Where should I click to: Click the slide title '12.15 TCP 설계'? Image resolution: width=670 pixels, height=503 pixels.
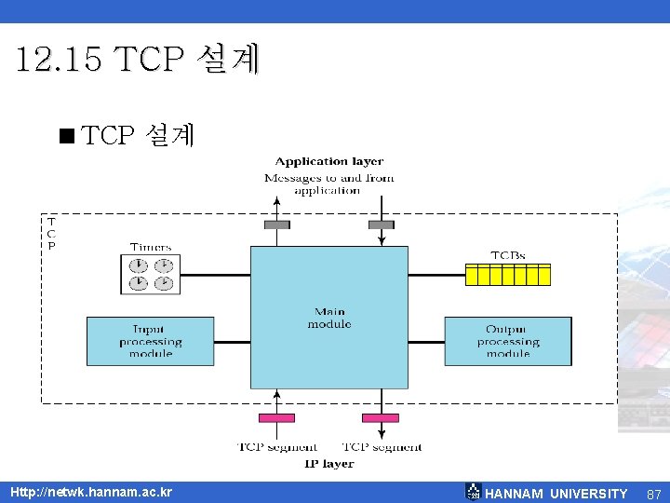click(139, 61)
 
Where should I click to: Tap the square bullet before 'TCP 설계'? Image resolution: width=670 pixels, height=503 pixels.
click(65, 137)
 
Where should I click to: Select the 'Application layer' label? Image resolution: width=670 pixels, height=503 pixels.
click(329, 161)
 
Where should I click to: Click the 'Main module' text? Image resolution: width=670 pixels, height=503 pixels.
click(329, 318)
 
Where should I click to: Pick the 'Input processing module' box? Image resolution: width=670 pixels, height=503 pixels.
click(150, 341)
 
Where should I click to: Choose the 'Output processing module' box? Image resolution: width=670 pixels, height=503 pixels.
click(507, 341)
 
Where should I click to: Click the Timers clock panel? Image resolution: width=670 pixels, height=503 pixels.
click(151, 272)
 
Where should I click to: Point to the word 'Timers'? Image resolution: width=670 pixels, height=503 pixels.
click(151, 248)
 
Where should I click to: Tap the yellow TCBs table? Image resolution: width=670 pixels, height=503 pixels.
click(508, 274)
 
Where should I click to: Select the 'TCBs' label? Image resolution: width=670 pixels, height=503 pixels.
click(508, 255)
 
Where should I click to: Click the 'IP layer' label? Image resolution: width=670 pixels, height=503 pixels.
click(329, 463)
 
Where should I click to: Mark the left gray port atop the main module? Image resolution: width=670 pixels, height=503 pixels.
click(277, 224)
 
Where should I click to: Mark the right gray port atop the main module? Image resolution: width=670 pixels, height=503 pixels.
click(381, 224)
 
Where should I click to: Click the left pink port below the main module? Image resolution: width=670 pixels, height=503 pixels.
click(276, 417)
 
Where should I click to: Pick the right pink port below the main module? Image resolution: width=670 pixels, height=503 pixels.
click(381, 417)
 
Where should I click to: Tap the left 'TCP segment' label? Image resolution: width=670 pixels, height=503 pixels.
click(276, 447)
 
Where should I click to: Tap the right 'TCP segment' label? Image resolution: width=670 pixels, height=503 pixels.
click(382, 447)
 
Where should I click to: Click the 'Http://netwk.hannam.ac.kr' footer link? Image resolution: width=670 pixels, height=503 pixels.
click(91, 492)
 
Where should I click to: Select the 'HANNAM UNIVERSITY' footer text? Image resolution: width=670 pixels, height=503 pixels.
click(556, 494)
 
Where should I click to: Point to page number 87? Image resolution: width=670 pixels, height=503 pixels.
click(653, 494)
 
